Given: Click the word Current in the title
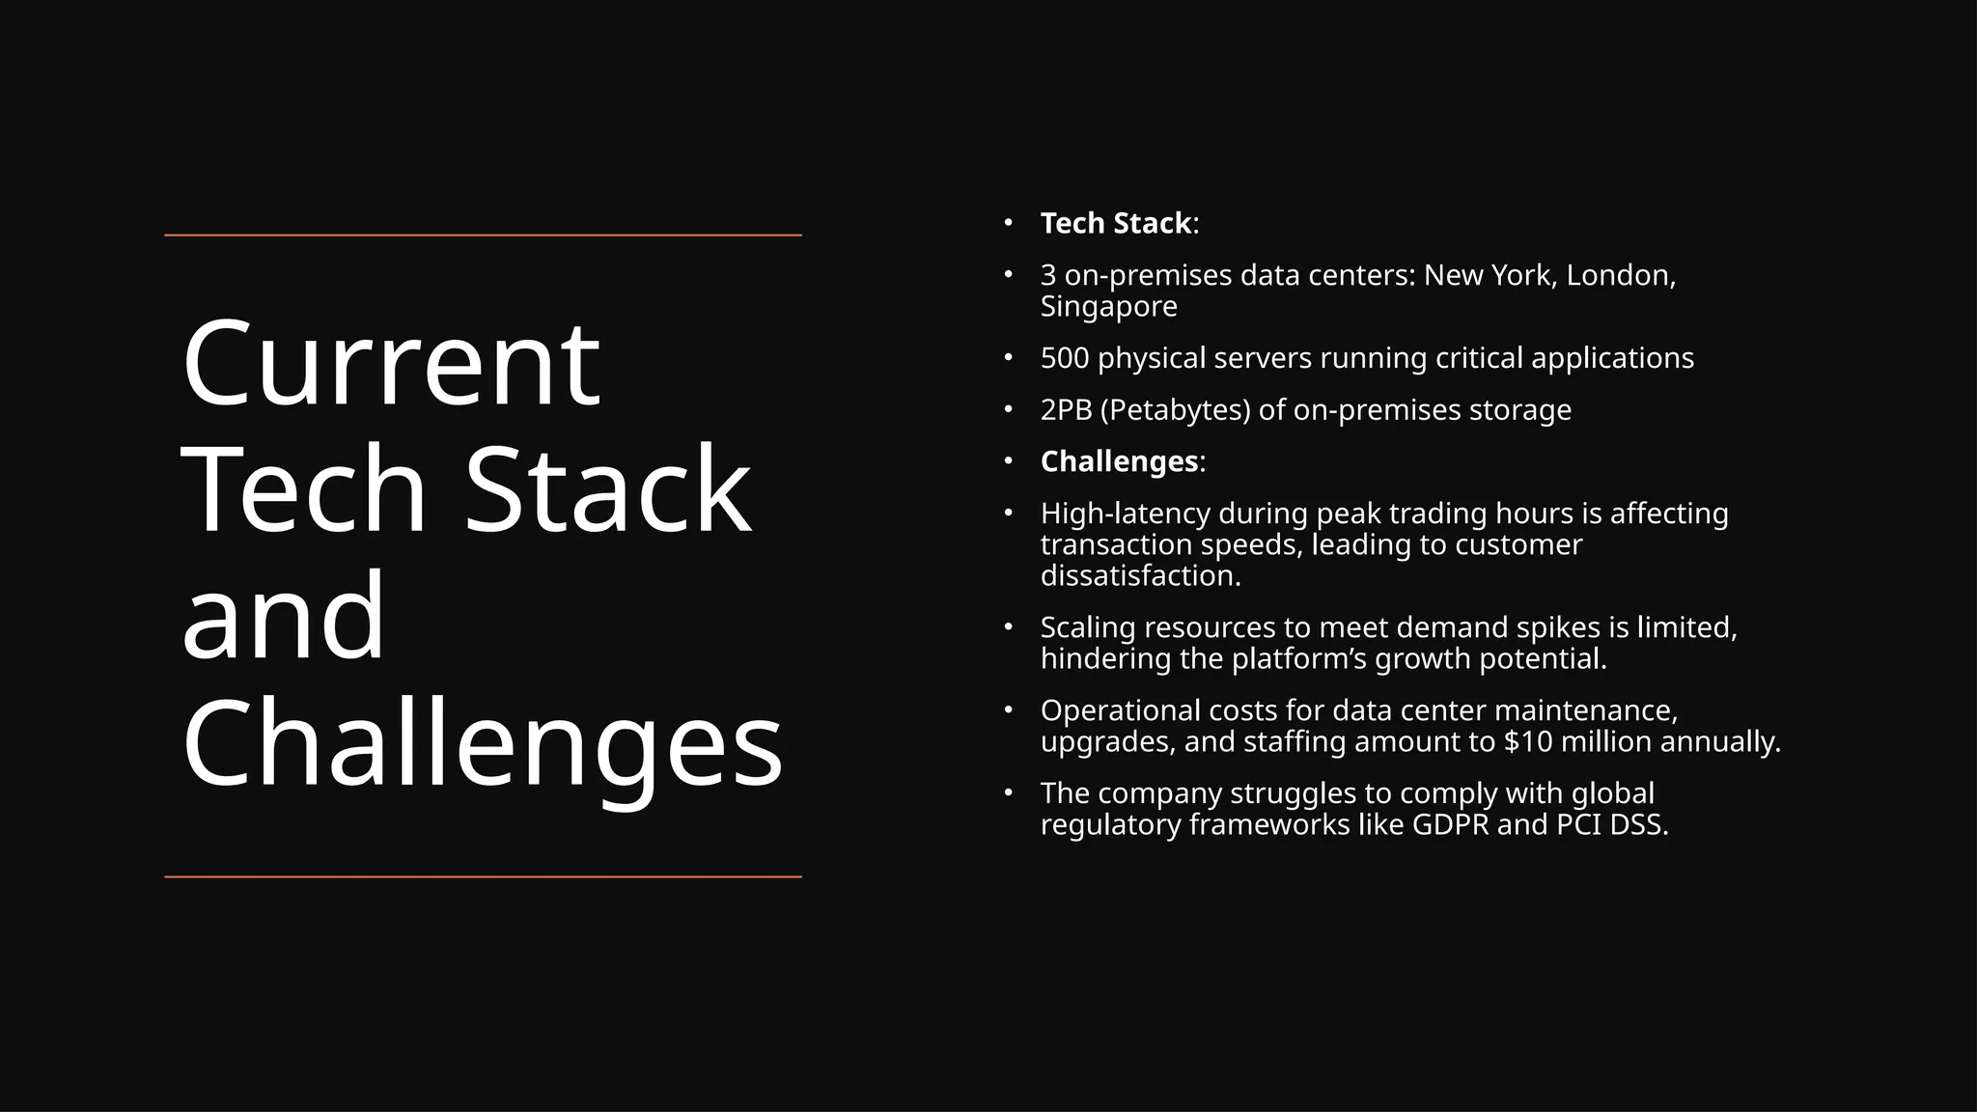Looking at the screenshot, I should coord(391,365).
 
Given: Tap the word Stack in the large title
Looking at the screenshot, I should coord(607,489).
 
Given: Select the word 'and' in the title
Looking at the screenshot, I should coord(284,616).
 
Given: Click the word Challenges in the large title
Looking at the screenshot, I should coord(482,743).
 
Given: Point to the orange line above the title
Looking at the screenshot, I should coord(483,235).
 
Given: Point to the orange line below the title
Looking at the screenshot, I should coord(483,876).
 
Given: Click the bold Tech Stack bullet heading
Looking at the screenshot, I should coord(1115,223).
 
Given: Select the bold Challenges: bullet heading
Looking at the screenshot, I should coord(1119,461).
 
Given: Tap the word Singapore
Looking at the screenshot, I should coord(1108,306).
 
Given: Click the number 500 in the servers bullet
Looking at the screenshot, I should coord(1065,358).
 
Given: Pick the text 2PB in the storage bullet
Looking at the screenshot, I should coord(1066,409).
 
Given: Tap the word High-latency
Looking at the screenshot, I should coord(1125,514).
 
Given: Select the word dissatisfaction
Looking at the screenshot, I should coord(1140,576).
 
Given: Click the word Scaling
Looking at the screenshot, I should coord(1088,627).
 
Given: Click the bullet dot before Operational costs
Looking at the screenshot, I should coord(1008,710).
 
